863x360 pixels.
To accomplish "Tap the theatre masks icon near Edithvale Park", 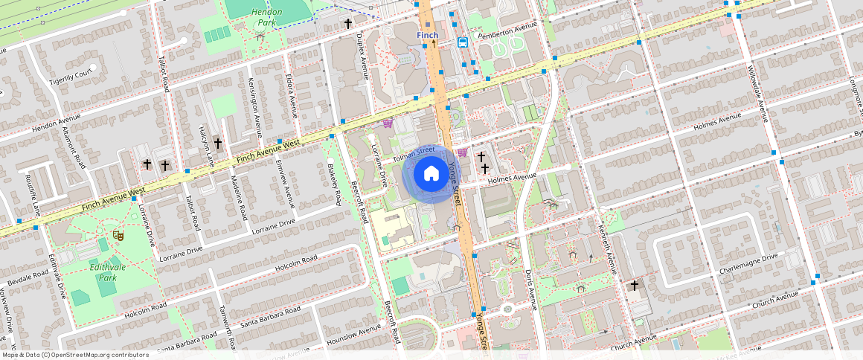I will tap(117, 234).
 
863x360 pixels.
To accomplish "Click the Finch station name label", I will tap(427, 35).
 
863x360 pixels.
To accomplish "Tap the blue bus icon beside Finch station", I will tap(463, 42).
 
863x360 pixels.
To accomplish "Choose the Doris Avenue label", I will tap(530, 290).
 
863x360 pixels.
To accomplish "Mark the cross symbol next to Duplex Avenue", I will tap(347, 24).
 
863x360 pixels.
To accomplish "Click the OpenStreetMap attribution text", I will tap(74, 355).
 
